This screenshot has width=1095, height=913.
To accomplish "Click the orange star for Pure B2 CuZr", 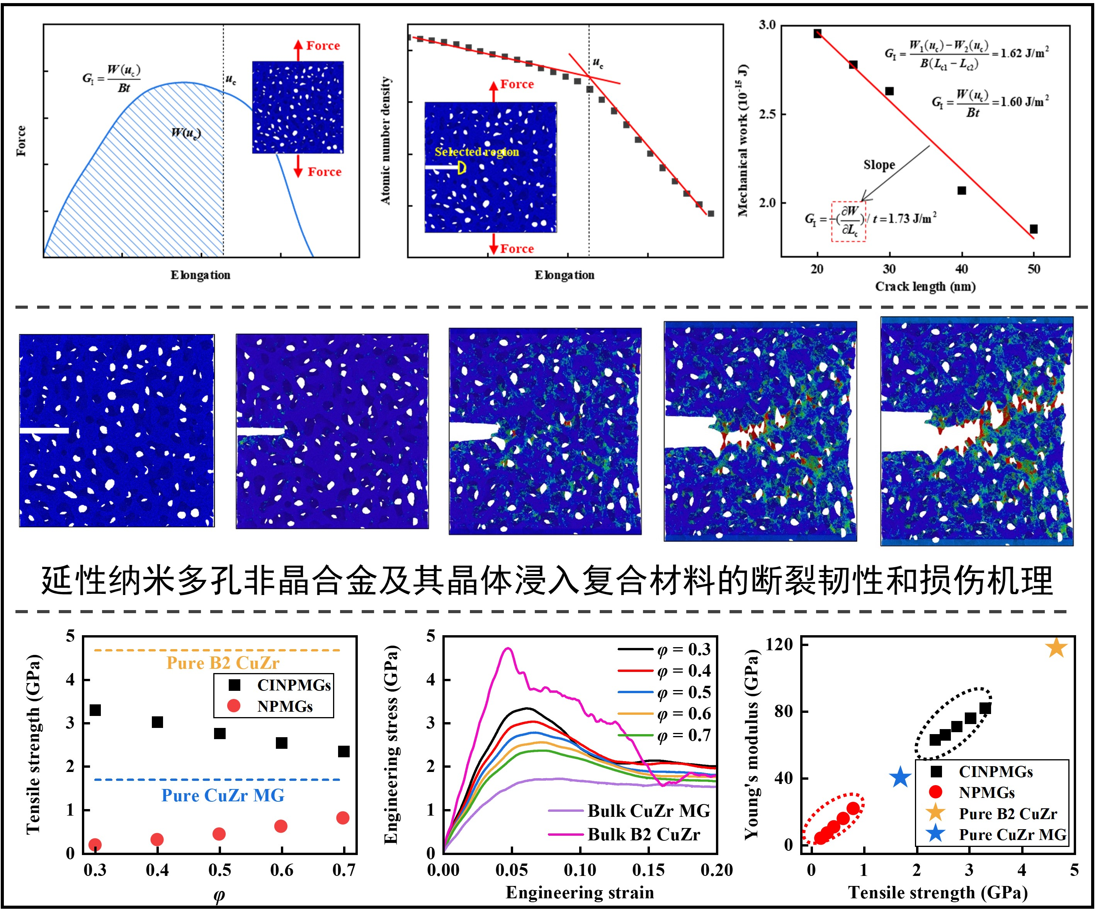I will [x=1056, y=648].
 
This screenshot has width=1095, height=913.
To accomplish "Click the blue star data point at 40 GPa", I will [x=900, y=778].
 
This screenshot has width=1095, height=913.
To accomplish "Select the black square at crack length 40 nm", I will [x=962, y=191].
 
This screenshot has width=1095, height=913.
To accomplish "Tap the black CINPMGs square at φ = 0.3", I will [x=95, y=710].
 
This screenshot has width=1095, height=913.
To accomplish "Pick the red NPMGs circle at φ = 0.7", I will [x=343, y=818].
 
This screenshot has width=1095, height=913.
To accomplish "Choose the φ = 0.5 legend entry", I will [x=684, y=692].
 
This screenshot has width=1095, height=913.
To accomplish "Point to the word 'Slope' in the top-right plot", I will [x=879, y=165].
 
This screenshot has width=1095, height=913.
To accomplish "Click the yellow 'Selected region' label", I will [x=476, y=152].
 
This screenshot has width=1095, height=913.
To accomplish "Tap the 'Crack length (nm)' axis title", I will [x=925, y=286].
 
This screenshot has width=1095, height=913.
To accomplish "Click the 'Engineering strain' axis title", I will [x=580, y=893].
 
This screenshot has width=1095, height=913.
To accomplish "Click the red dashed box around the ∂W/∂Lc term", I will [x=848, y=222].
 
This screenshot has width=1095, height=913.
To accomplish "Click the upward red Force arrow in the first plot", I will [x=298, y=50].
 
